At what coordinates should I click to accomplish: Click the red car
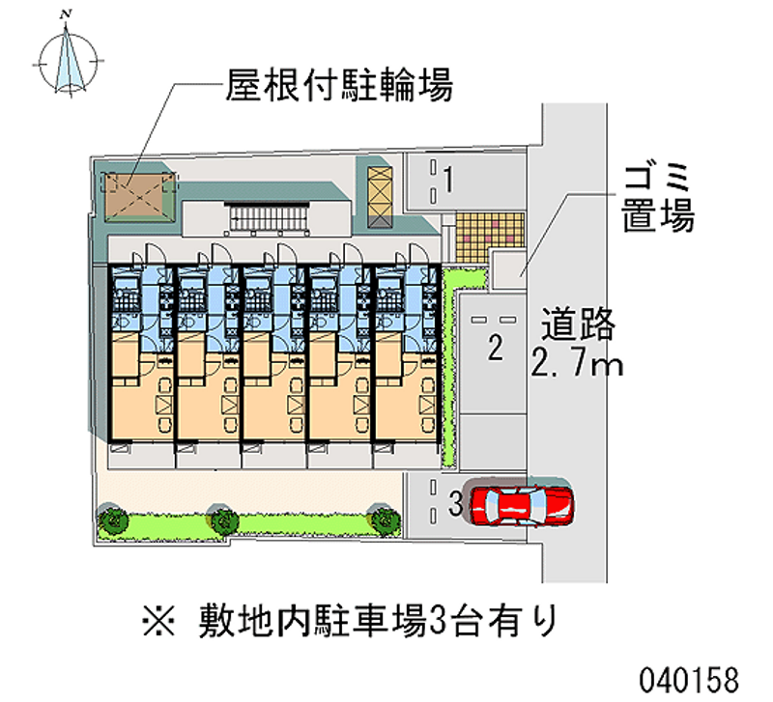point(522,505)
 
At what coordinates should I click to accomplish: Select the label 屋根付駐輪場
point(339,85)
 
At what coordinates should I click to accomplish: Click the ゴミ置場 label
point(658,198)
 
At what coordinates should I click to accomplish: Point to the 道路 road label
point(578,323)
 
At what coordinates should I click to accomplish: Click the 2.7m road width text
point(577,364)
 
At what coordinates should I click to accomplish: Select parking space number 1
point(448,180)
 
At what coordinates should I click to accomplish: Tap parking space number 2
point(495,347)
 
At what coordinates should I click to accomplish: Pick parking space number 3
point(455,503)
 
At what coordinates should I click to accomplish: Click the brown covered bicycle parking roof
point(139,197)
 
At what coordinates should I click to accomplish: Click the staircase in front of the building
point(268,217)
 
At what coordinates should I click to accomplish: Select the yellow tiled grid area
point(490,238)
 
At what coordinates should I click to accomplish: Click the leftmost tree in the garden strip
point(113,519)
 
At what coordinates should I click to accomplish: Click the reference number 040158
point(689,681)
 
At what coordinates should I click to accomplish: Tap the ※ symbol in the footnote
point(158,622)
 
